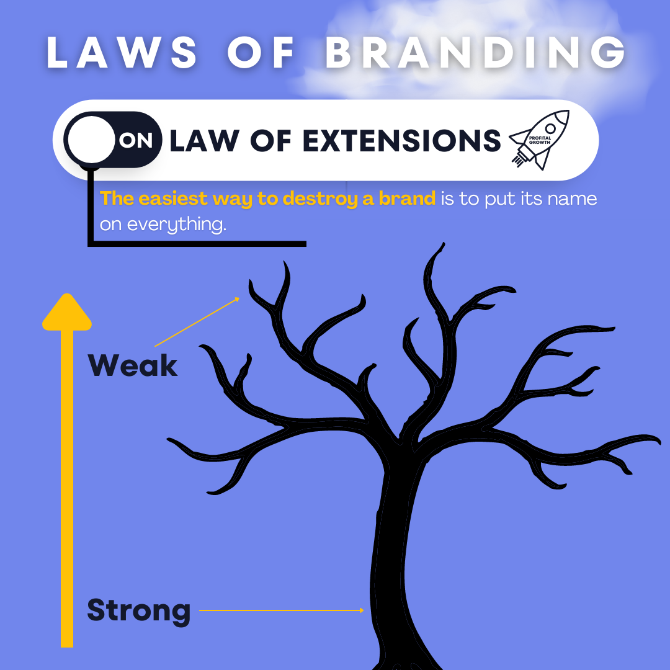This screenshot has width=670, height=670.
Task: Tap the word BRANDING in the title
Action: click(x=475, y=53)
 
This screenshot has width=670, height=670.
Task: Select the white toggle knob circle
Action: click(x=91, y=140)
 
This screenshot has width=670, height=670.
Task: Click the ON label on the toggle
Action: click(x=136, y=141)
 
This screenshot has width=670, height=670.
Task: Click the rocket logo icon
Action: click(x=539, y=140)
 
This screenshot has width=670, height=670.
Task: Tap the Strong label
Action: click(x=139, y=610)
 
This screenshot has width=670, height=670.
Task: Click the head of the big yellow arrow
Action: click(x=67, y=313)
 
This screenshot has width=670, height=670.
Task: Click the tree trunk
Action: click(x=397, y=558)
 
